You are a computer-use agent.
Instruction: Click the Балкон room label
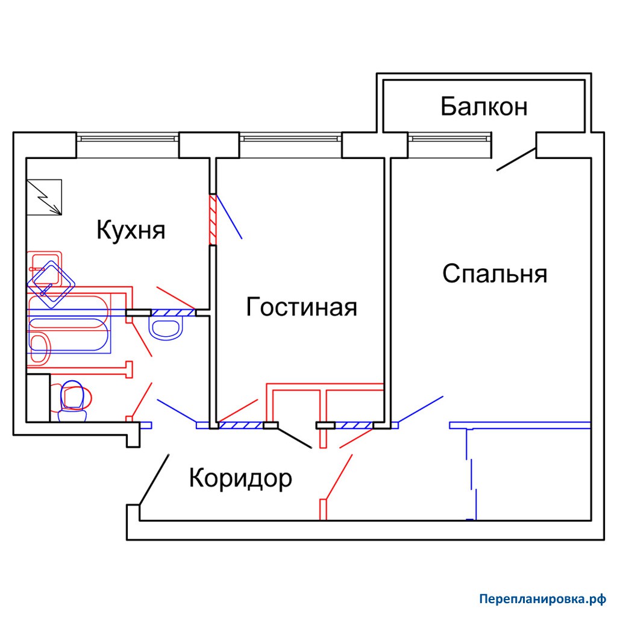[484, 106]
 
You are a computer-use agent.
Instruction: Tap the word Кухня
[131, 230]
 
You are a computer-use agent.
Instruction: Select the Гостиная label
[301, 307]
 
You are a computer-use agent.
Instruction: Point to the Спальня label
[495, 274]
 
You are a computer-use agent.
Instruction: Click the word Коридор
[240, 478]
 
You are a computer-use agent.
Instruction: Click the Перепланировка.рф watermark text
[543, 600]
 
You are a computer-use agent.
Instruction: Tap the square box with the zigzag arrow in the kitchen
[44, 197]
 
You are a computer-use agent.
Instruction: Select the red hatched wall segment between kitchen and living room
[213, 219]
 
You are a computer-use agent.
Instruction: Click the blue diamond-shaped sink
[51, 284]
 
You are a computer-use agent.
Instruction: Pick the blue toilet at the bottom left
[72, 401]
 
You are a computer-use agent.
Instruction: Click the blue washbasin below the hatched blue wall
[166, 329]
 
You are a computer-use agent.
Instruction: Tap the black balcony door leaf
[516, 159]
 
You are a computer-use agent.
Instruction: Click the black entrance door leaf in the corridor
[154, 479]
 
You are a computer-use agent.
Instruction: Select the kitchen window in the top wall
[128, 139]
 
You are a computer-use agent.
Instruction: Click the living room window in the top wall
[290, 139]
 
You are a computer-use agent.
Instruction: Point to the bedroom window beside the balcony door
[449, 139]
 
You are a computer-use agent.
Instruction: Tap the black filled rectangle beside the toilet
[38, 398]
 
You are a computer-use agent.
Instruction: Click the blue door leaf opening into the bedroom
[420, 409]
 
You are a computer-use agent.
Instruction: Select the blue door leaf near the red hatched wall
[229, 216]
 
